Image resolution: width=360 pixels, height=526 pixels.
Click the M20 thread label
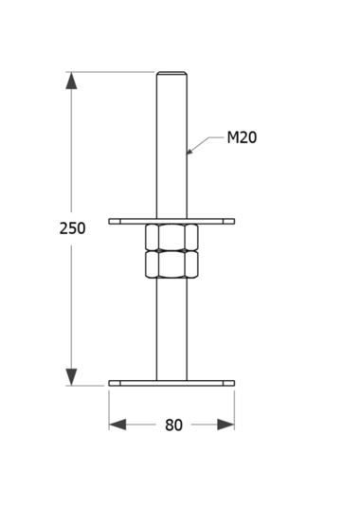point(242,137)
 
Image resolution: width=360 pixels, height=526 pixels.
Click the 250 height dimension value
point(72,228)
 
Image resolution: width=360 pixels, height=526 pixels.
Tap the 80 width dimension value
point(173,425)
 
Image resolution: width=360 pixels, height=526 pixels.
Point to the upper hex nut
point(171,237)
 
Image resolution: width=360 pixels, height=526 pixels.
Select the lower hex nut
point(171,264)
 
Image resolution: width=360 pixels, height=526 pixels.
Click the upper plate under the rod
point(171,221)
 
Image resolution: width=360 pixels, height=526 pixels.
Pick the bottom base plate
point(171,383)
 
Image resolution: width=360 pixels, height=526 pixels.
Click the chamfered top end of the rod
point(171,74)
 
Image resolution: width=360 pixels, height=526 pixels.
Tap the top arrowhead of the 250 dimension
point(71,81)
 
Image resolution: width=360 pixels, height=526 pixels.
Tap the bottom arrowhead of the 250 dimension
point(71,377)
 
